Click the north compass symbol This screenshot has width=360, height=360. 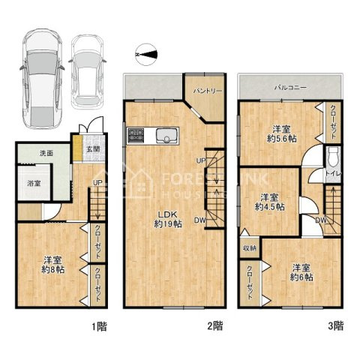(x=146, y=55)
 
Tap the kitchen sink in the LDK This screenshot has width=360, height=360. (x=167, y=136)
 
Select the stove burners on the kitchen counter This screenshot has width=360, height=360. (x=136, y=136)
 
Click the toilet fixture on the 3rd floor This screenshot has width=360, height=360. (x=334, y=157)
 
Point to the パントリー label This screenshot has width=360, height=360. (x=208, y=91)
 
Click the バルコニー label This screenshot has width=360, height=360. (x=290, y=88)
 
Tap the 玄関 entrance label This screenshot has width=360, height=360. (x=93, y=149)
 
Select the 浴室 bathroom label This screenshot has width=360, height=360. (x=34, y=183)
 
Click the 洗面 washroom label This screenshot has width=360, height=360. (x=46, y=153)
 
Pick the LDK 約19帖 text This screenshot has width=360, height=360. (x=168, y=219)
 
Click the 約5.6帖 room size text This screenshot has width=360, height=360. (x=282, y=139)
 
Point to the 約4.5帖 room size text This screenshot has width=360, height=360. (x=270, y=207)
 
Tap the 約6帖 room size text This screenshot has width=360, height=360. (x=301, y=277)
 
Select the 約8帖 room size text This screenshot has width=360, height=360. (x=53, y=269)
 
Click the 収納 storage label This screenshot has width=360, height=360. (x=250, y=248)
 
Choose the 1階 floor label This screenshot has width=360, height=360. (x=99, y=326)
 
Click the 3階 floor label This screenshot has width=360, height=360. (x=336, y=325)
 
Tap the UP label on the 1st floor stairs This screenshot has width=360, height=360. (x=97, y=183)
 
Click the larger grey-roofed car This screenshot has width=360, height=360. (x=42, y=79)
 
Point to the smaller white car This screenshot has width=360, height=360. (x=87, y=72)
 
